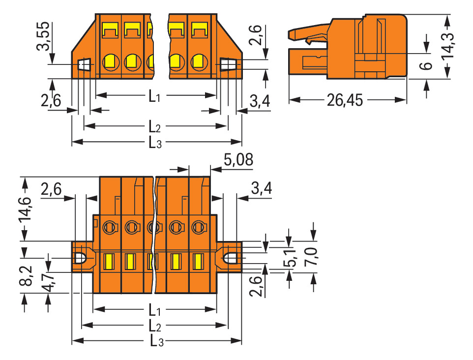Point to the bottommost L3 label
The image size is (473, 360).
click(155, 341)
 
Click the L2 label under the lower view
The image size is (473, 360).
click(155, 326)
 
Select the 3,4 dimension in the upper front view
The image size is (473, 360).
click(260, 101)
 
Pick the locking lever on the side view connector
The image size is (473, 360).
click(309, 36)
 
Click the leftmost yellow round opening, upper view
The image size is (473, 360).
click(109, 62)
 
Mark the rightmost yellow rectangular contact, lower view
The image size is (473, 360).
click(199, 261)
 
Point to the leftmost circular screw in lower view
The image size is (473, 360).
click(109, 227)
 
